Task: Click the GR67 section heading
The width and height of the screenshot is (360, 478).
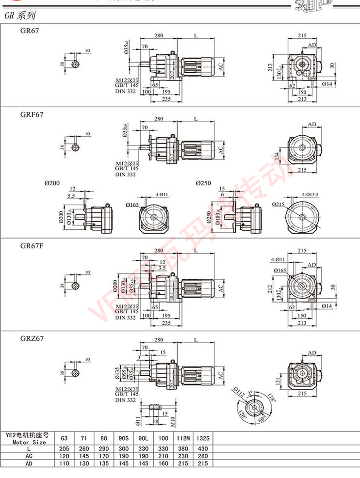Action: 30,30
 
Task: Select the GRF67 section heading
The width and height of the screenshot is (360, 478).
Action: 32,115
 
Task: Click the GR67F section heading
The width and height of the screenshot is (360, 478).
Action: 32,245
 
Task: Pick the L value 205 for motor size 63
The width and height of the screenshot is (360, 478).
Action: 64,449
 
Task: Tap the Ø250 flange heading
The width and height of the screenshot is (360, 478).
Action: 204,183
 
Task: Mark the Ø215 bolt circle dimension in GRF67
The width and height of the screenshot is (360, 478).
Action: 278,204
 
